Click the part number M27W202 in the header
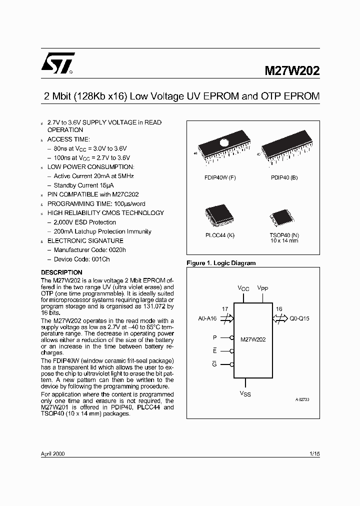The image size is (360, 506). (292, 71)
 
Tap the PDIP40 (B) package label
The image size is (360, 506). (284, 178)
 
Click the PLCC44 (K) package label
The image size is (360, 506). (219, 235)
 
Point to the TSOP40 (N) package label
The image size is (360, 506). (284, 235)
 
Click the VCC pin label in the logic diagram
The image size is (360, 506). (243, 288)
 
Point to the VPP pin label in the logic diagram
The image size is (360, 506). (262, 288)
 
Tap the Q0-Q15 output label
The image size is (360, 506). (299, 318)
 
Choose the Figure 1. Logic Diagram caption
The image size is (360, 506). (221, 263)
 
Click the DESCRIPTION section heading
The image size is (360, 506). (61, 272)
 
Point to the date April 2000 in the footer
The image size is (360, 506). (52, 453)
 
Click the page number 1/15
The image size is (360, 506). (314, 453)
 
